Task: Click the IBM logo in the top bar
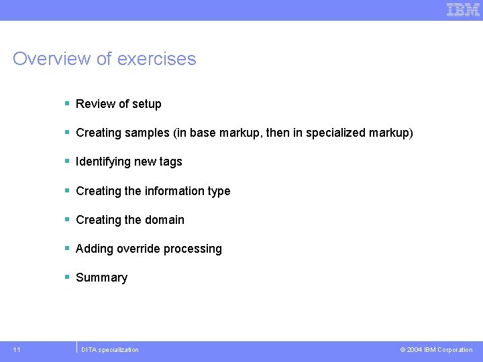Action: click(x=463, y=9)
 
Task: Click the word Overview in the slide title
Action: click(x=52, y=59)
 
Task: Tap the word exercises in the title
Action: click(x=156, y=59)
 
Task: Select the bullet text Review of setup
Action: click(x=118, y=104)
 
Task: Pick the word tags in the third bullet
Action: click(x=170, y=162)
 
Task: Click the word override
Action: click(x=138, y=249)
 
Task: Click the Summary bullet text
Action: click(x=101, y=278)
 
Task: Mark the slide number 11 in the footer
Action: click(x=17, y=349)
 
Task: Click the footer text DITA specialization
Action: click(x=109, y=349)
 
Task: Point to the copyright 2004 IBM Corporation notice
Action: click(x=436, y=349)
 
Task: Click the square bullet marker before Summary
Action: click(x=67, y=277)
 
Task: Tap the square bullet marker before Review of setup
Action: click(x=67, y=103)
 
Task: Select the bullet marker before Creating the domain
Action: click(x=67, y=219)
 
